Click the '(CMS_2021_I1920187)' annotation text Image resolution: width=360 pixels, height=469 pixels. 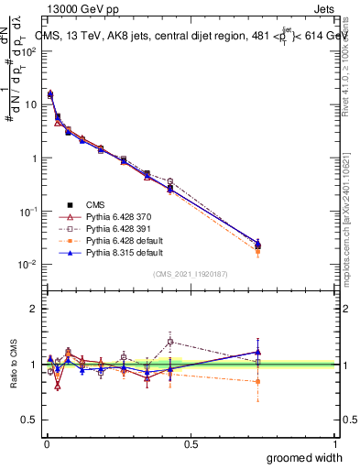point(190,275)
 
